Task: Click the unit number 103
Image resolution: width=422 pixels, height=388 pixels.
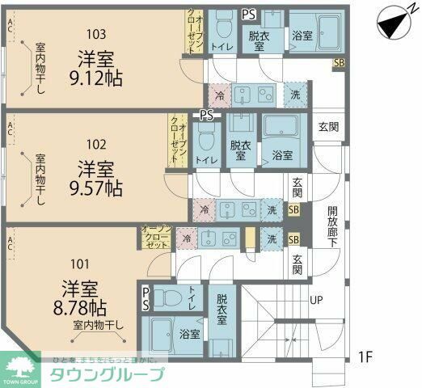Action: click(96, 33)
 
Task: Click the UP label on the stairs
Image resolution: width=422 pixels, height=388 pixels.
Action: click(318, 300)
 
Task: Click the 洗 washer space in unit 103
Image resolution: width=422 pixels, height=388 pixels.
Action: click(295, 94)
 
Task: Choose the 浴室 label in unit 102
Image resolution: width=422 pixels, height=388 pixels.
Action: click(281, 154)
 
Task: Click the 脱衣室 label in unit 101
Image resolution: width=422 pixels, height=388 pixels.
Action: click(222, 310)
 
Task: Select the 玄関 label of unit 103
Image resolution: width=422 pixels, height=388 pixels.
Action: click(327, 126)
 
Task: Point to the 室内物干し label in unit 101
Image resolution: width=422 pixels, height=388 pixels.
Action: click(99, 326)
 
